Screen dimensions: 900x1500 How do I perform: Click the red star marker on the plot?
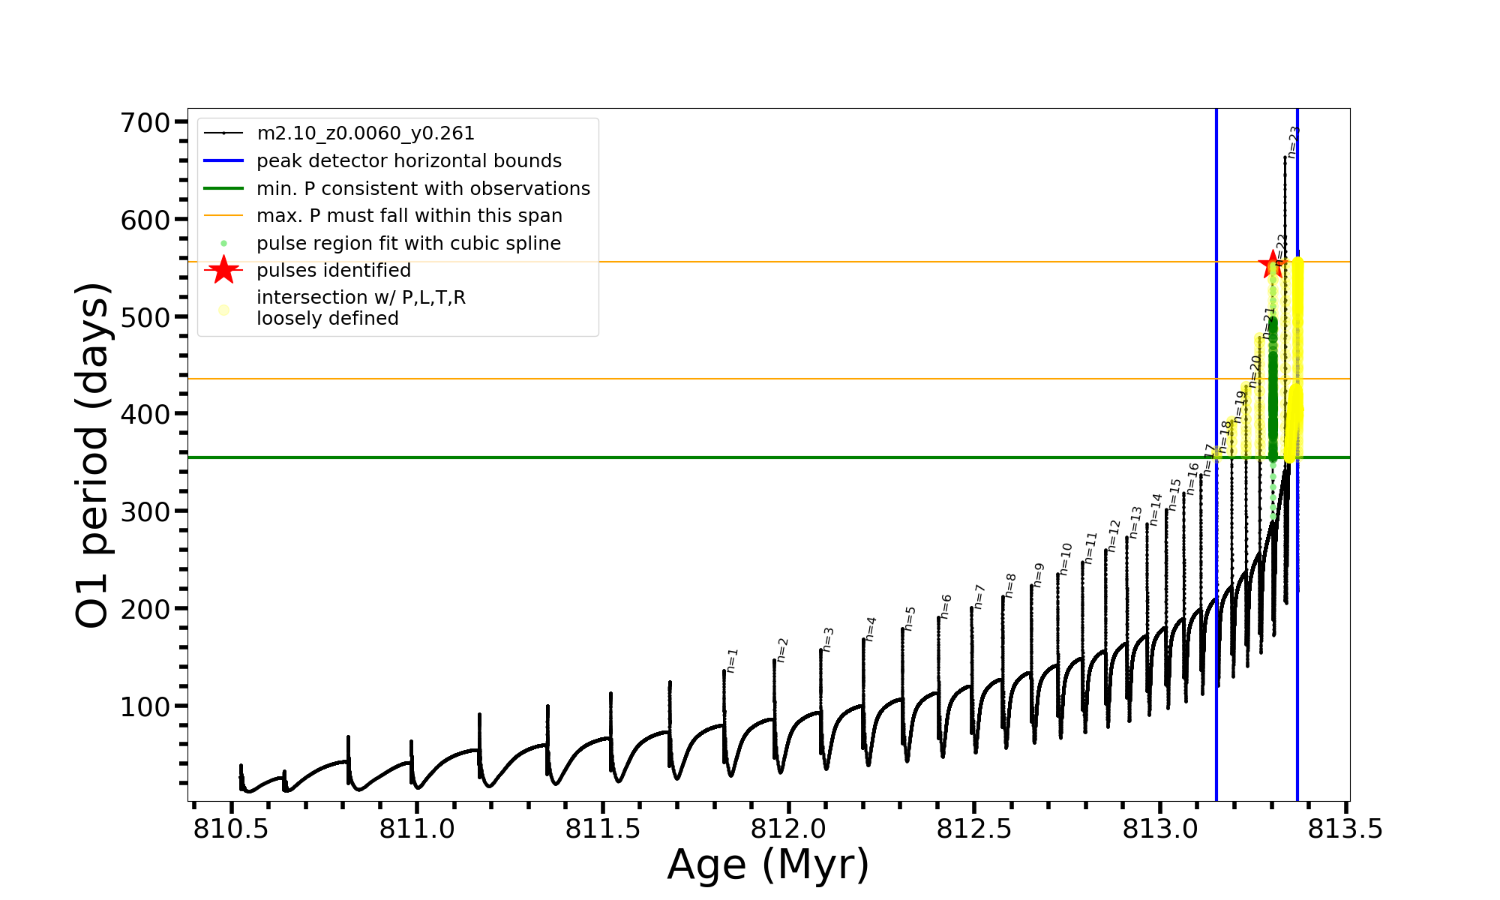1272,265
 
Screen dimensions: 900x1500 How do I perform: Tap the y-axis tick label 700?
145,122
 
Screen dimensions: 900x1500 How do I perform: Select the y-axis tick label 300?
145,511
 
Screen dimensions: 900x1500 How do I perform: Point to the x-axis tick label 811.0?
416,829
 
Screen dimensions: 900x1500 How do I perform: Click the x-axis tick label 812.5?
974,829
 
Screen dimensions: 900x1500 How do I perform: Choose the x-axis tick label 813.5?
1345,829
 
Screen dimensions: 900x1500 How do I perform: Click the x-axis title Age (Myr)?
768,865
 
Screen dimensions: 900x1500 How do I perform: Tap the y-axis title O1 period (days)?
93,455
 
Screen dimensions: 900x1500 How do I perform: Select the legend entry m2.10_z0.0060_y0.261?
365,133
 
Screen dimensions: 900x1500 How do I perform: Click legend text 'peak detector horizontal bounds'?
409,161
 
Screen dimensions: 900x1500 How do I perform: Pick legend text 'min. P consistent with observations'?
423,189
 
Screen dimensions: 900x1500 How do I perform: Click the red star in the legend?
223,270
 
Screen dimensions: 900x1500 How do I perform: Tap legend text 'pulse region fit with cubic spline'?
409,244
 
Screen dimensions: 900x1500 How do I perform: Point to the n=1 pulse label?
733,661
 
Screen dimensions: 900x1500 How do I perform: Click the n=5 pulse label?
910,619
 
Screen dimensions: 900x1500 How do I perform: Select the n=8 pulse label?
1010,586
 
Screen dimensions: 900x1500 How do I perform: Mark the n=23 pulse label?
1293,142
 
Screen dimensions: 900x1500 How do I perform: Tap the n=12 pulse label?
1114,535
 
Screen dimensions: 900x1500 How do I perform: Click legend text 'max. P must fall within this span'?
409,216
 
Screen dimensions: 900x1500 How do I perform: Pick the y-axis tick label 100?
145,706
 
